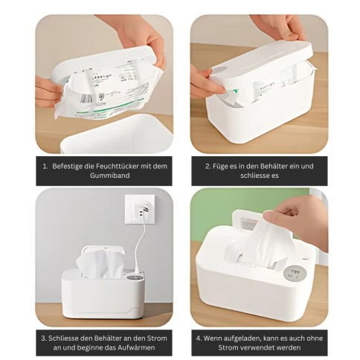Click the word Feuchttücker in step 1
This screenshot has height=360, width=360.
118,166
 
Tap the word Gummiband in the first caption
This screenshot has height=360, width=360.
110,176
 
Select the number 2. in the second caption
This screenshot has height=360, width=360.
208,166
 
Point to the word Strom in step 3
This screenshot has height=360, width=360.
157,338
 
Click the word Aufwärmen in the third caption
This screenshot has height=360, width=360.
137,347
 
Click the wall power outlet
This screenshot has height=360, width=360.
140,210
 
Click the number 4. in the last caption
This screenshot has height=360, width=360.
199,338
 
